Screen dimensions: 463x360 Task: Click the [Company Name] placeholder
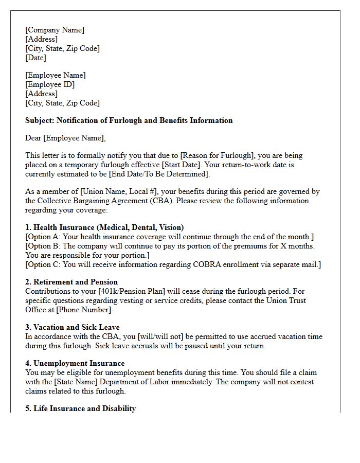click(x=55, y=30)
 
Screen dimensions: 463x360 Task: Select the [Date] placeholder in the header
click(x=35, y=58)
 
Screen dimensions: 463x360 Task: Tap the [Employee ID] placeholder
click(x=50, y=84)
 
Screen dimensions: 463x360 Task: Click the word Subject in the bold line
click(x=39, y=120)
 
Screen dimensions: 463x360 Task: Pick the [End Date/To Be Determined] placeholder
click(x=159, y=174)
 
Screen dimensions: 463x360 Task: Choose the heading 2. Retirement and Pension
click(x=71, y=282)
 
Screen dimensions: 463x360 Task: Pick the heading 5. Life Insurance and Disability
click(x=81, y=408)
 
